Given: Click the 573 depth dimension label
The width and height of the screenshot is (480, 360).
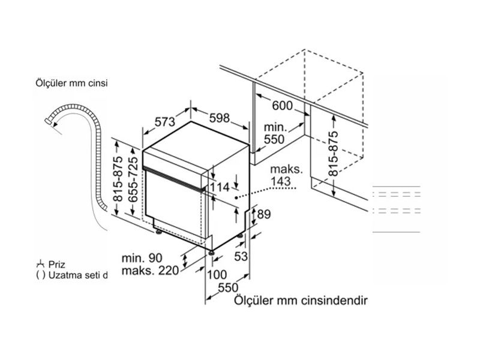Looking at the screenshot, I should pos(164,121).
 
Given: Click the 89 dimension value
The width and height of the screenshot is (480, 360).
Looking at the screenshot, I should pos(263,213).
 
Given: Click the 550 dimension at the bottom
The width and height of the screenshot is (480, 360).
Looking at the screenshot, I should pos(228,287).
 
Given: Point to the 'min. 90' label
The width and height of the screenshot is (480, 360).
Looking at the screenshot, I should pos(142,258).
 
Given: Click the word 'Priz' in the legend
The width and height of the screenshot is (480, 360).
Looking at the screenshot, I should pos(59,264).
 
